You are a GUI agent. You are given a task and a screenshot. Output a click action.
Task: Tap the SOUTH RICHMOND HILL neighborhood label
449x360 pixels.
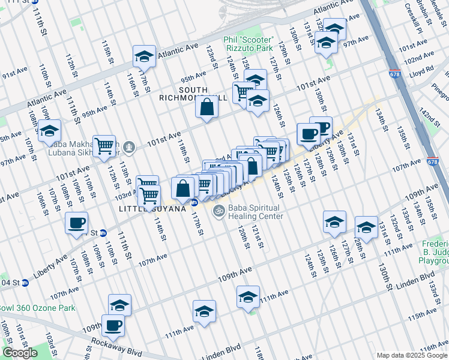click(x=193, y=93)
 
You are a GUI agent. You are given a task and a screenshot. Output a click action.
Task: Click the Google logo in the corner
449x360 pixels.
click(x=20, y=353)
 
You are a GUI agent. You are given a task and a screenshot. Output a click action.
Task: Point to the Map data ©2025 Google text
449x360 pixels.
click(x=412, y=355)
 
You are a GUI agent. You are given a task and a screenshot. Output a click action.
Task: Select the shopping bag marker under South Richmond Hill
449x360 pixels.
click(x=206, y=108)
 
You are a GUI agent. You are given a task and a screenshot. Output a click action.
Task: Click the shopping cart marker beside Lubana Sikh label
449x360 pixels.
click(x=104, y=145)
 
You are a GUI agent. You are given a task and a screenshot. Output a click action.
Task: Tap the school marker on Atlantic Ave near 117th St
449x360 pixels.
click(x=144, y=56)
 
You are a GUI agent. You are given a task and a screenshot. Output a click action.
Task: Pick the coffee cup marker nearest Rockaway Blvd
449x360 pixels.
click(x=113, y=326)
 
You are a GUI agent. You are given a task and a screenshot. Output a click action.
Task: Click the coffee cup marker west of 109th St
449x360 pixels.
click(x=77, y=223)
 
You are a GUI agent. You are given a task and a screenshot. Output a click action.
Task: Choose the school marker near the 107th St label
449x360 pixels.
click(x=50, y=131)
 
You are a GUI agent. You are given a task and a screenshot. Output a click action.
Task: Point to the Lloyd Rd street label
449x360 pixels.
click(x=422, y=70)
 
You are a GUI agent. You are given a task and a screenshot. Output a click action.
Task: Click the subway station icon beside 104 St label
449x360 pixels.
click(x=25, y=283)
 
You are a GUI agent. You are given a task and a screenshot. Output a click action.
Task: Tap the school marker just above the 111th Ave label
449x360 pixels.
click(x=248, y=297)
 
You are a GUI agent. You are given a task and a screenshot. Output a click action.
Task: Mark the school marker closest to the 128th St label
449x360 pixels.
click(x=366, y=227)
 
